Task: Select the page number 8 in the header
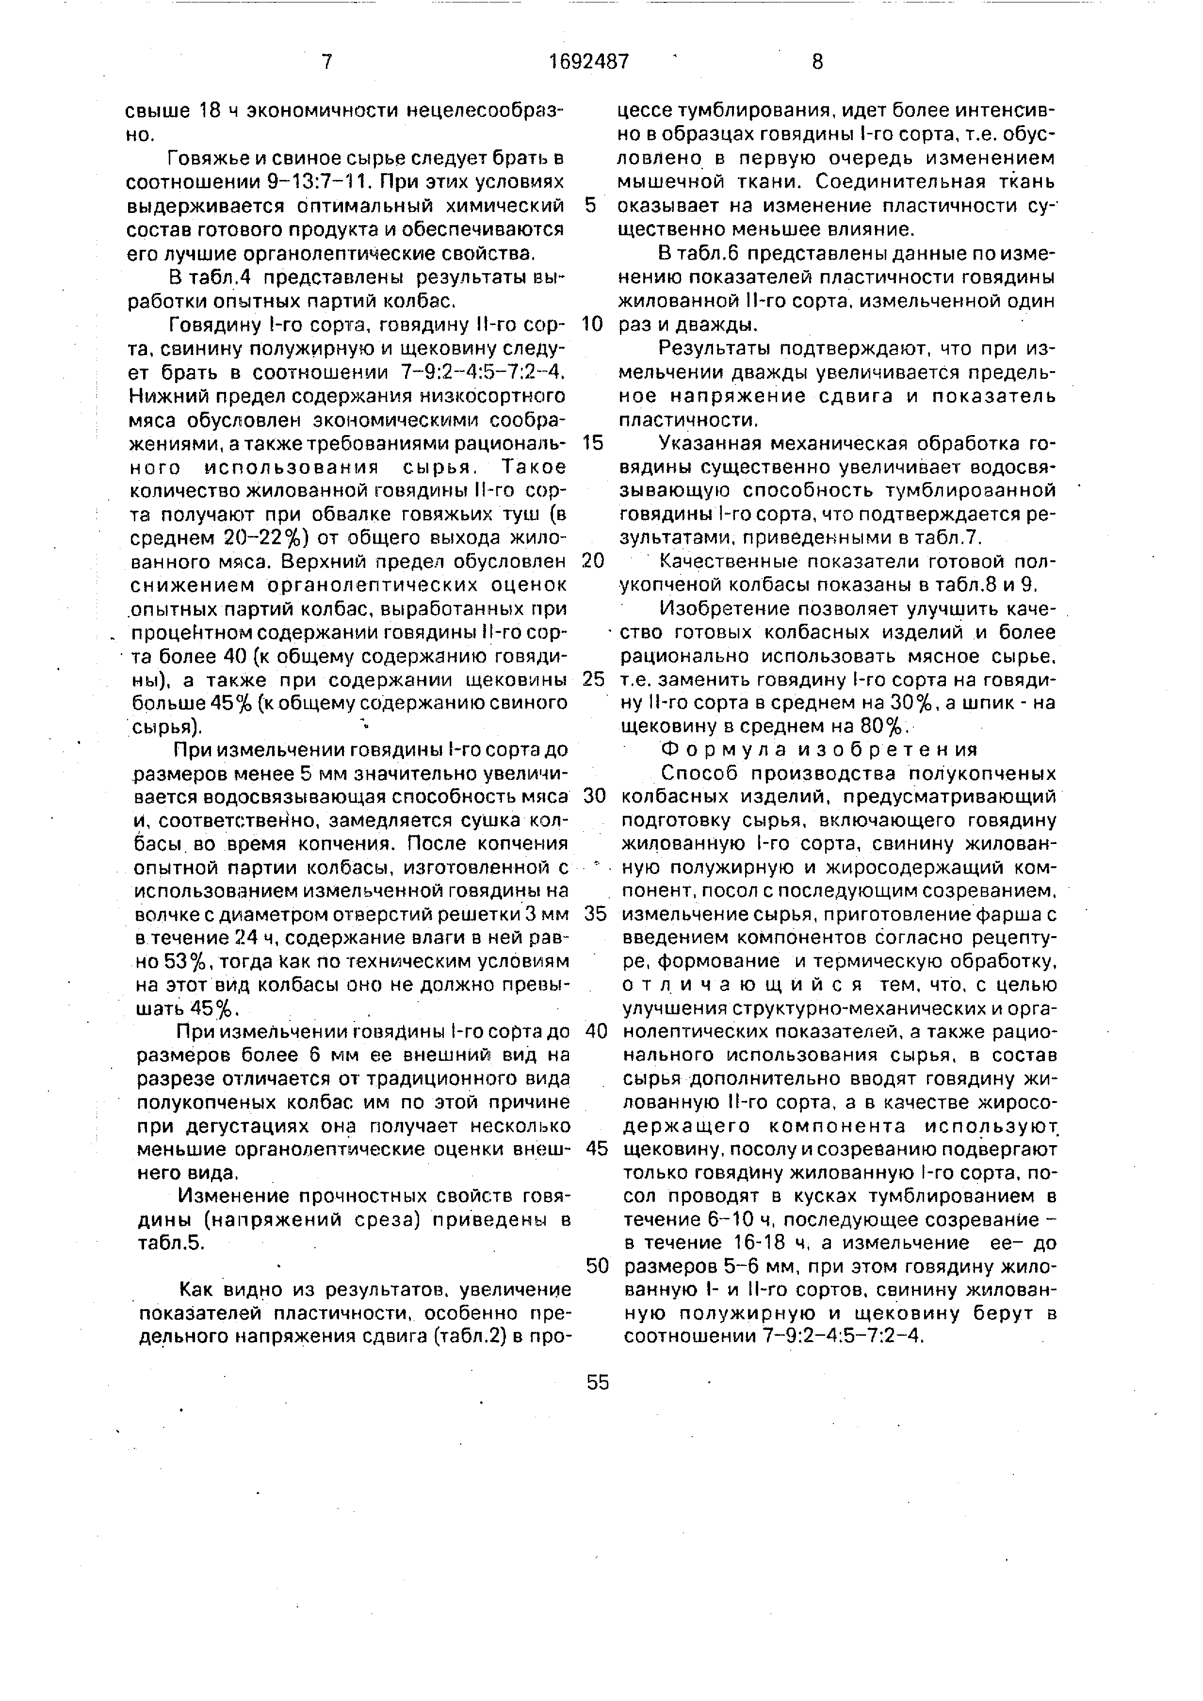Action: click(817, 62)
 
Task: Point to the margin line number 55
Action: click(597, 1382)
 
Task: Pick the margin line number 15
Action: click(594, 443)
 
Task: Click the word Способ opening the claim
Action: click(699, 773)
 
